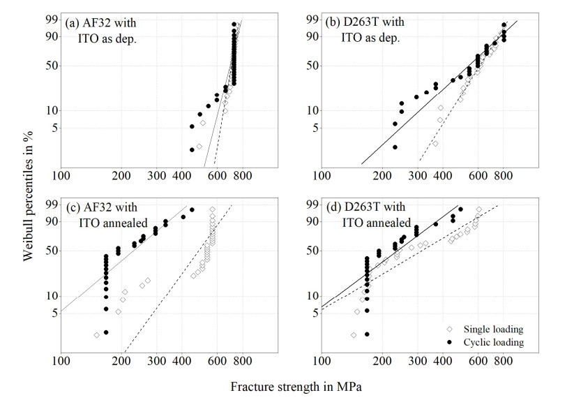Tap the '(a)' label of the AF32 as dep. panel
pos(73,22)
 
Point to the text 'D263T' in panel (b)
pos(367,22)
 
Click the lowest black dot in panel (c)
pos(106,332)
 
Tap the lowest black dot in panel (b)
pos(395,147)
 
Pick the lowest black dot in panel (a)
pos(192,149)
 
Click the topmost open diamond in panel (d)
pos(478,209)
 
